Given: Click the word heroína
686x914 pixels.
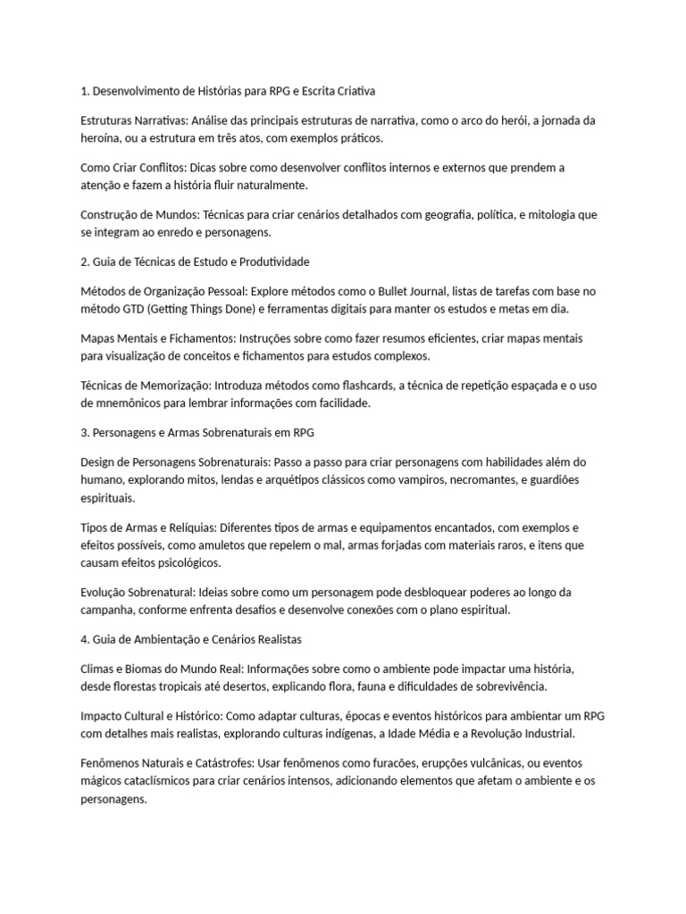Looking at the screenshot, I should (102, 138).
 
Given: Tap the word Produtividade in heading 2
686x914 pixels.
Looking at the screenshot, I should (267, 262).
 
